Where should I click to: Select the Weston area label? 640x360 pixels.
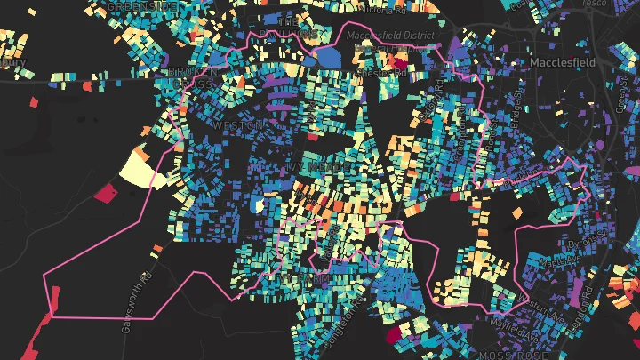[238, 126]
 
